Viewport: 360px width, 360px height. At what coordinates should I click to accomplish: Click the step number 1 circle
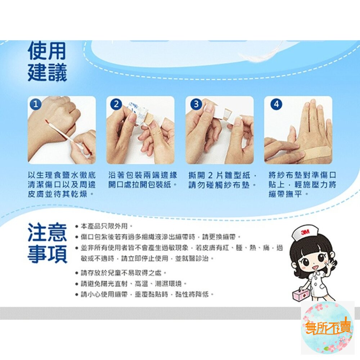[36, 104]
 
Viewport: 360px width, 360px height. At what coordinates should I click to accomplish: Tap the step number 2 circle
[116, 104]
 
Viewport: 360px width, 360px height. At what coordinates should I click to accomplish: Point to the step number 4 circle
[276, 104]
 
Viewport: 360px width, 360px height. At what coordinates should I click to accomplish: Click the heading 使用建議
[47, 61]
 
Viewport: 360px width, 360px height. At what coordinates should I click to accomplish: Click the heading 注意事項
[47, 243]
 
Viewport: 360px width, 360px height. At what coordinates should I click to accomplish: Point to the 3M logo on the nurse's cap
[305, 232]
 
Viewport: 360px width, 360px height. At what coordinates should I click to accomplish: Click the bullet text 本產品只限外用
[104, 226]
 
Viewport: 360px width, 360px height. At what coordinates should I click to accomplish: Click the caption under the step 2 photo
[143, 180]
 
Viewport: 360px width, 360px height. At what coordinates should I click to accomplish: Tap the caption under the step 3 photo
[222, 180]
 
